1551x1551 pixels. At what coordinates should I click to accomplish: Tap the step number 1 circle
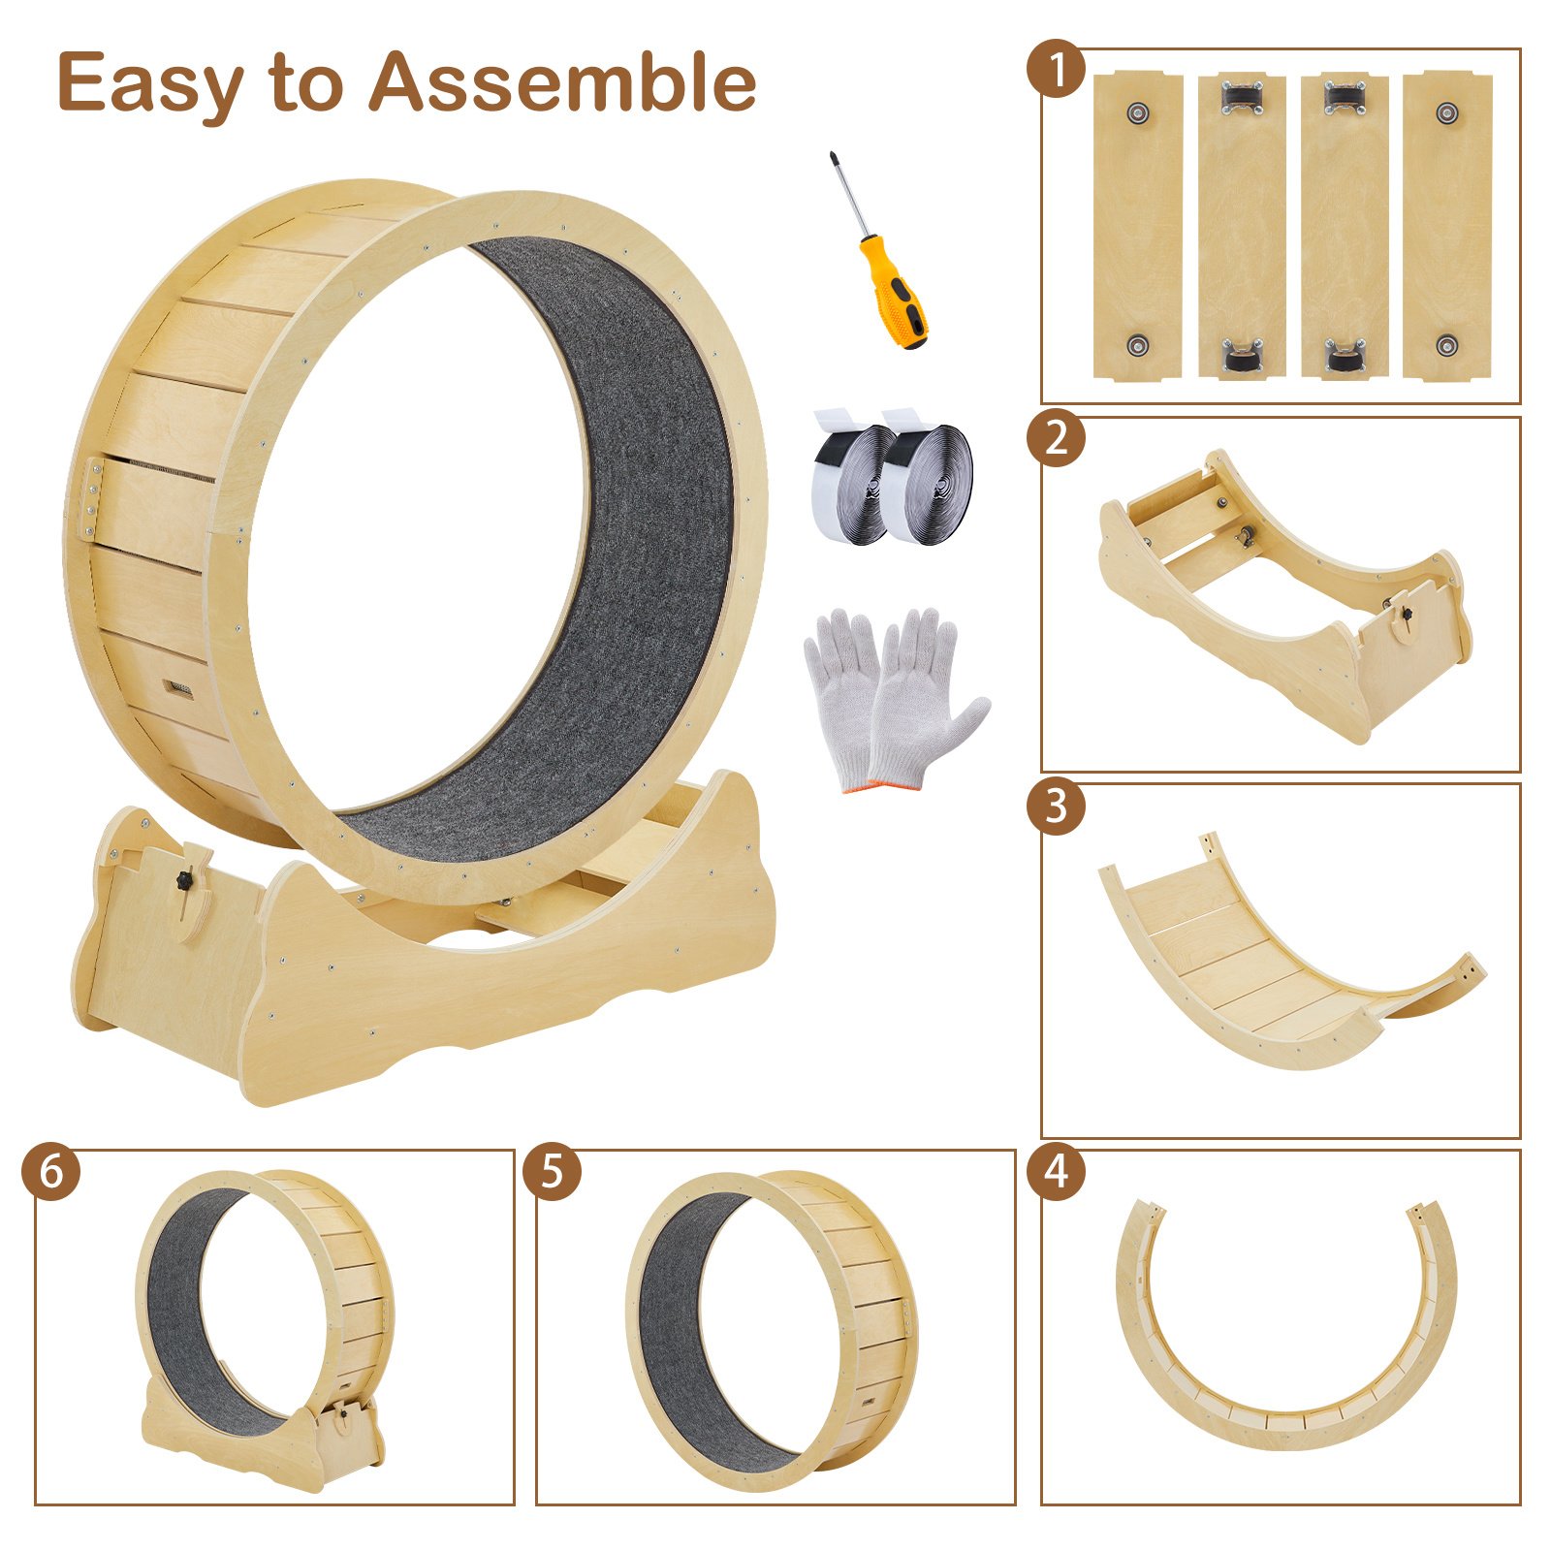point(1057,69)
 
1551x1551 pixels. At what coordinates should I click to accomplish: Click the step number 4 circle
point(1057,1171)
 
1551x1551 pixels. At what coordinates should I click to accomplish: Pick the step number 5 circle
point(552,1171)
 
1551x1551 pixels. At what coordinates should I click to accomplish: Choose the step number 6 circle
point(50,1171)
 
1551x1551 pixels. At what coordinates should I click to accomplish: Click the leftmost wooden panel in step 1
point(1138,225)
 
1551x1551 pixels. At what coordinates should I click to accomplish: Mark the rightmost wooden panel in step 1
point(1447,225)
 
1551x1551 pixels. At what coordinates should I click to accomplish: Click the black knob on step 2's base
point(1403,614)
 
